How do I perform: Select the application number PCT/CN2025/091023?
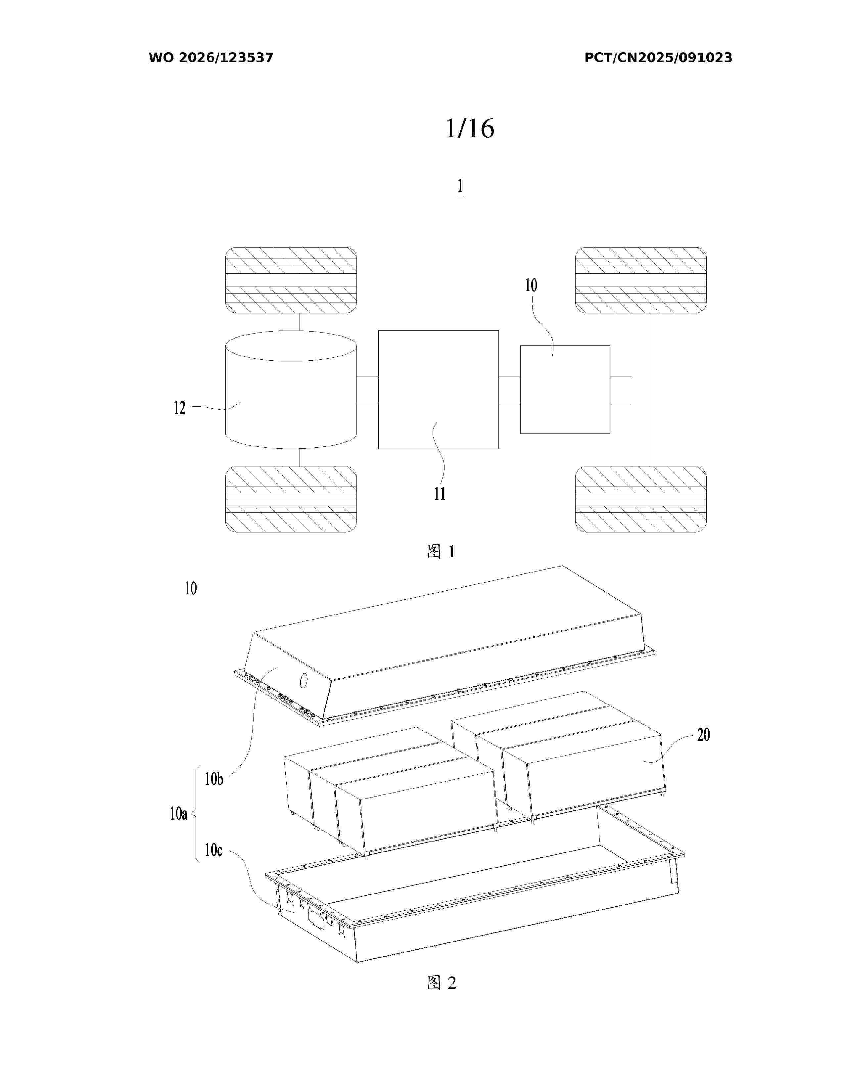658,58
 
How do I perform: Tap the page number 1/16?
470,128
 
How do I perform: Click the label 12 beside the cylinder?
179,408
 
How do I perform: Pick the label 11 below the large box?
440,494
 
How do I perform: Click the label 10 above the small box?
531,286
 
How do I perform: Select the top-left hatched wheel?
291,280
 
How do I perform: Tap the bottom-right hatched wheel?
640,499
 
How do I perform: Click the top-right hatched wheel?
640,280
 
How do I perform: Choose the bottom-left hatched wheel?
291,499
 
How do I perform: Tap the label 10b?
214,779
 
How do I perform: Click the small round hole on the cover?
304,680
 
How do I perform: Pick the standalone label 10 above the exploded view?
191,588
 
